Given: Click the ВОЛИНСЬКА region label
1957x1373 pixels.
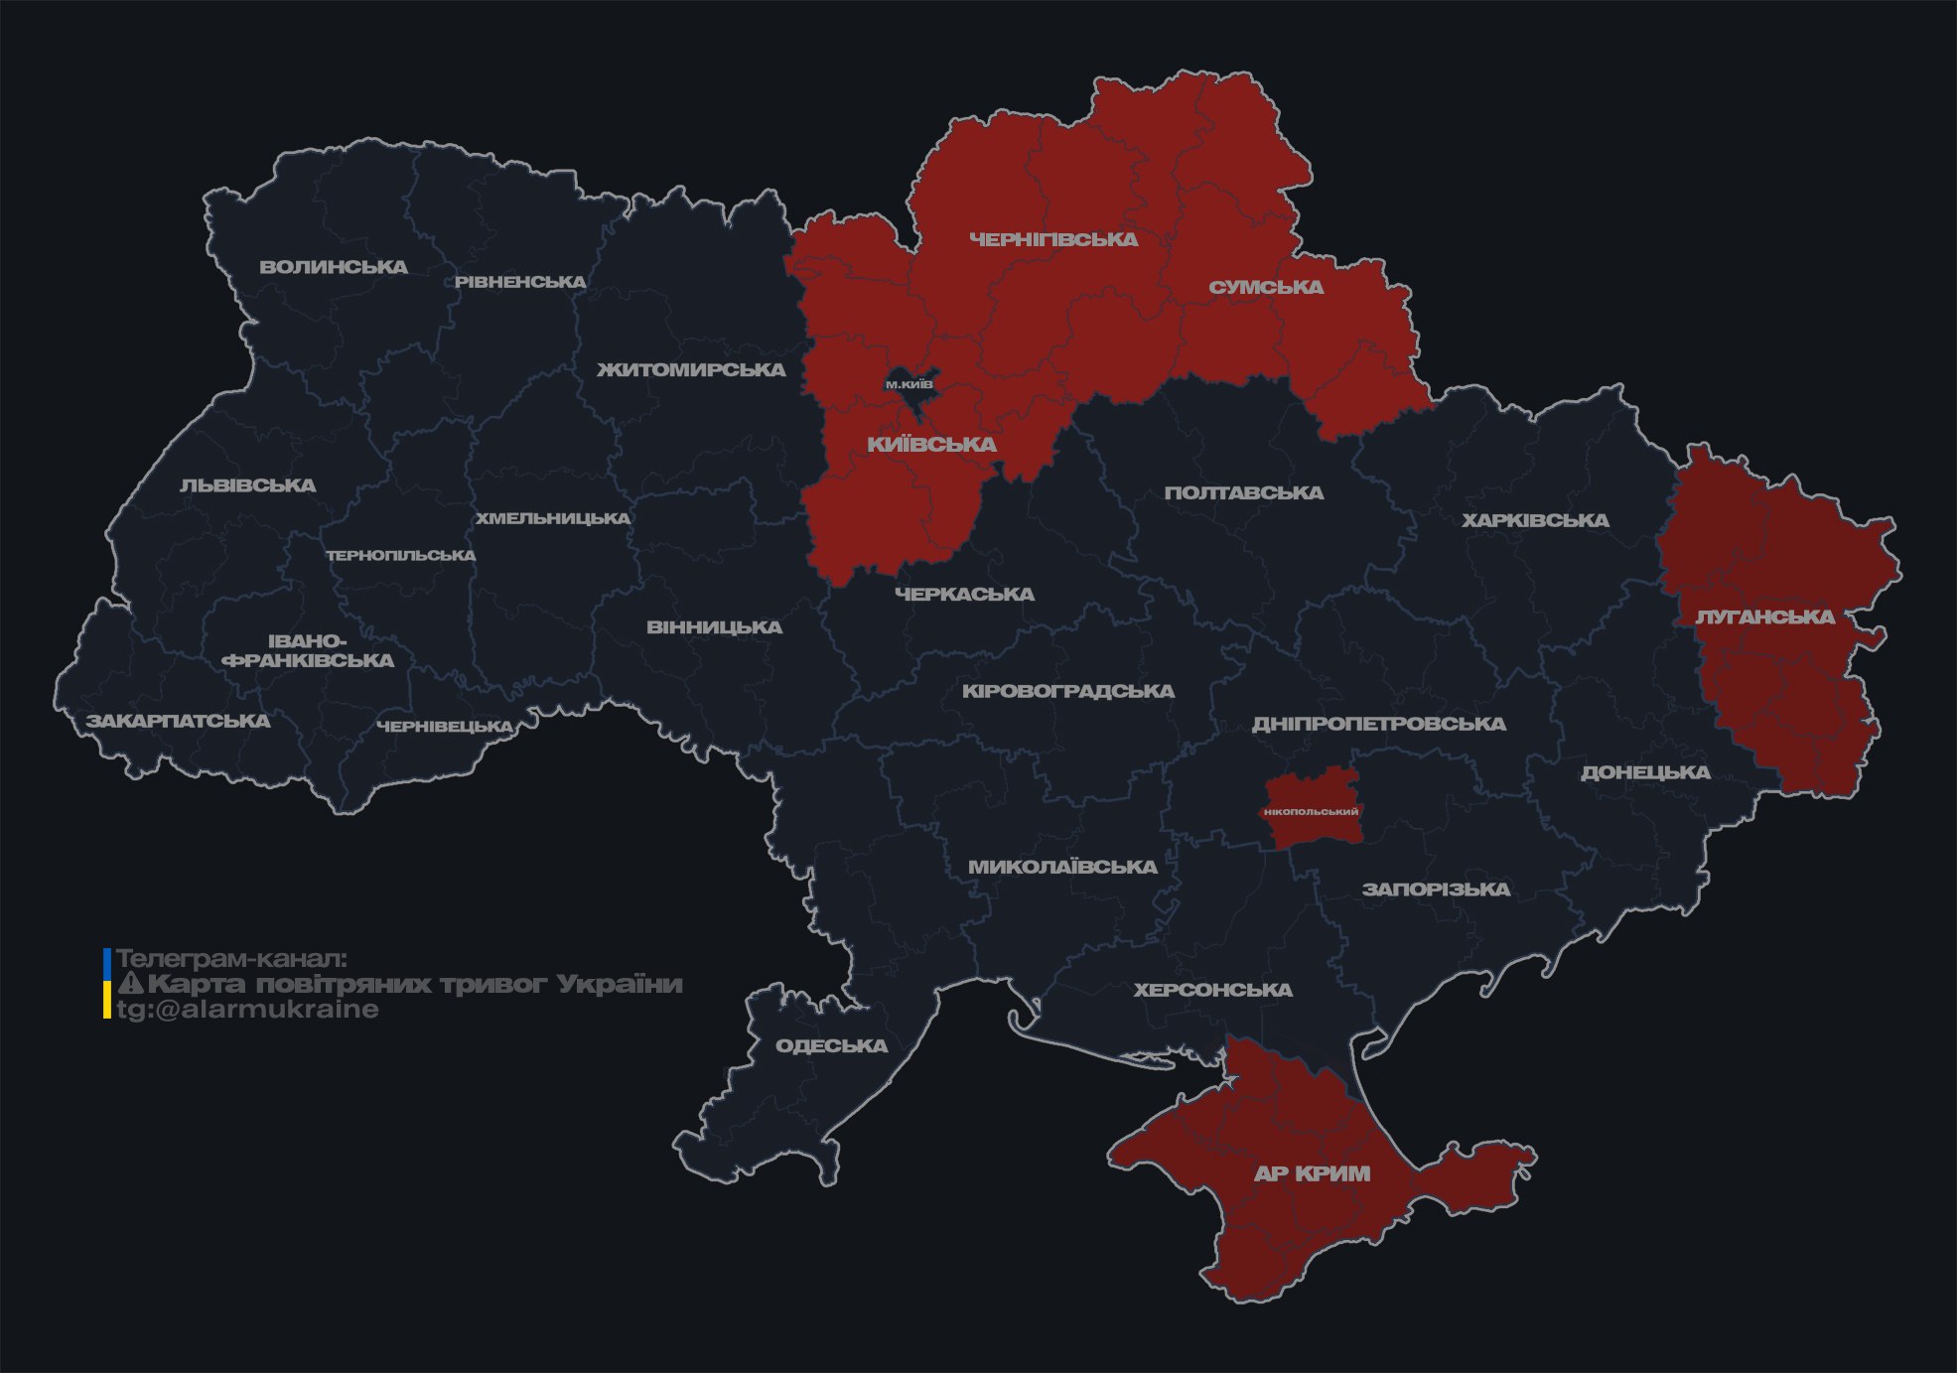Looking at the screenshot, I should tap(333, 267).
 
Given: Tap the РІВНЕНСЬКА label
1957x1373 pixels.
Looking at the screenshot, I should tap(520, 282).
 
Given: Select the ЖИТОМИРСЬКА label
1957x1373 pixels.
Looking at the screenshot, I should tap(691, 370).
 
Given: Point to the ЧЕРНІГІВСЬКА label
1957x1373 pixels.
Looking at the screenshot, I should tap(1053, 239).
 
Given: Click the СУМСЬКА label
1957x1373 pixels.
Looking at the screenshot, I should tap(1266, 288).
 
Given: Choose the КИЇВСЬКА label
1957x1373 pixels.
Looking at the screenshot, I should tap(931, 445).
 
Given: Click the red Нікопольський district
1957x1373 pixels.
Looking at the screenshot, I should tap(1311, 810).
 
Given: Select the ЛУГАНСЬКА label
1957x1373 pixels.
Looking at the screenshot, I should tap(1764, 618).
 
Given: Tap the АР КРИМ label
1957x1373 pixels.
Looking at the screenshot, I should tap(1312, 1173).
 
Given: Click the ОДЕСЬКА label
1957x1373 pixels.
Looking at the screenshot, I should tap(831, 1046).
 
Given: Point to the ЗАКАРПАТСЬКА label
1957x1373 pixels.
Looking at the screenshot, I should tap(178, 721).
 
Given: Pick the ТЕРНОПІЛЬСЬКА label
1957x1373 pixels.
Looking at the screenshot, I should tap(401, 556).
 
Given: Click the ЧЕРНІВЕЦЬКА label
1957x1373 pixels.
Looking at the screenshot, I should tap(445, 727).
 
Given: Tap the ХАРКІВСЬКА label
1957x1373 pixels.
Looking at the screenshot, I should tap(1535, 521).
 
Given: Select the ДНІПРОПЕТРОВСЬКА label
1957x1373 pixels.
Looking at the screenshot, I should tap(1378, 725).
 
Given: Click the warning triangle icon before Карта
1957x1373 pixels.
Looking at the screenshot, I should tap(130, 985).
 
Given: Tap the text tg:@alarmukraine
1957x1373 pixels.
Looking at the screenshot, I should tap(248, 1010).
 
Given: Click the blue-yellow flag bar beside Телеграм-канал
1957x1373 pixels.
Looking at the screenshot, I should tap(107, 984).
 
